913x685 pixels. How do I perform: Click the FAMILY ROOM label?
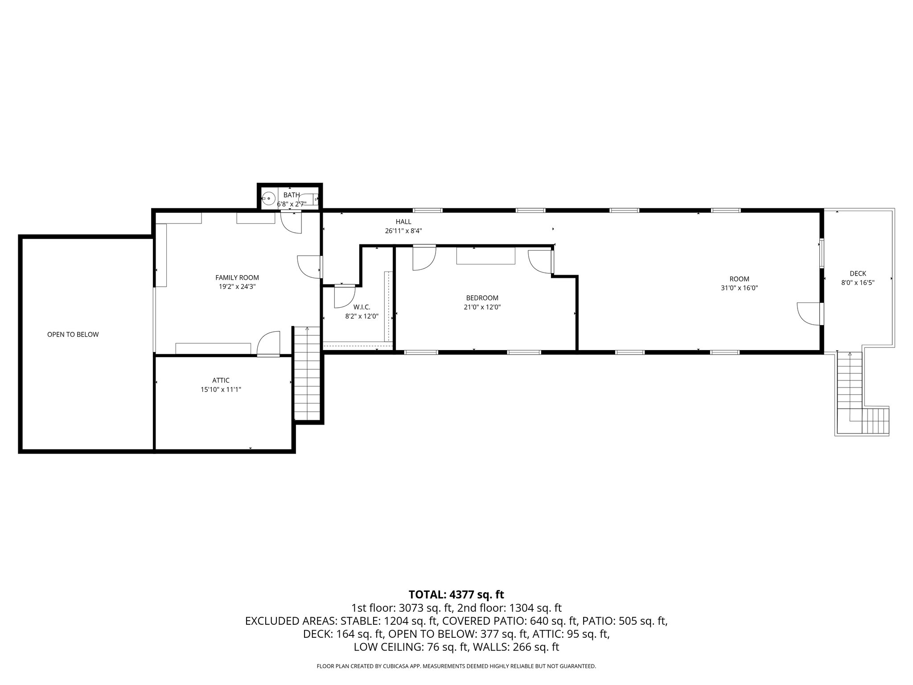point(237,277)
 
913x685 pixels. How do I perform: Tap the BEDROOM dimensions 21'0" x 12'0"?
point(482,307)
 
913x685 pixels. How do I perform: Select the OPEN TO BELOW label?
point(73,334)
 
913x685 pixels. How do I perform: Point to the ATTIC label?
point(221,380)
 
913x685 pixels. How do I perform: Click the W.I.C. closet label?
point(362,307)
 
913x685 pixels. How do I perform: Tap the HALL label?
point(403,222)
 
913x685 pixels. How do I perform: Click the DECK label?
point(857,273)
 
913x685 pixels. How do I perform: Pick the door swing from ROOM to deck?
point(808,314)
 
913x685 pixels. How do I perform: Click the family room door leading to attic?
point(269,343)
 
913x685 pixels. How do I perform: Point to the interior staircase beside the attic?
point(307,373)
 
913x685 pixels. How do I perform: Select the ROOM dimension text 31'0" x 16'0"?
point(739,288)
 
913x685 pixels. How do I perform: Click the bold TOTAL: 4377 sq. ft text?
point(456,594)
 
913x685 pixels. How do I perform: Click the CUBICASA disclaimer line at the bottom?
point(456,666)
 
